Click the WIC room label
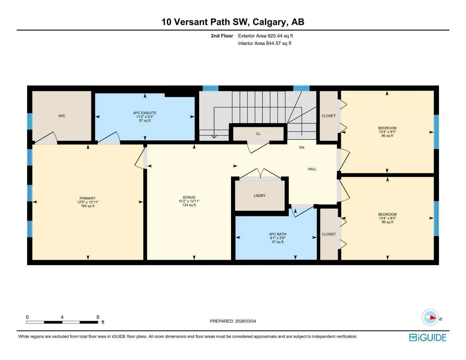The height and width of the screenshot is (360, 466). (x=62, y=116)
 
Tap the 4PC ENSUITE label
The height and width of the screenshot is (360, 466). (x=145, y=113)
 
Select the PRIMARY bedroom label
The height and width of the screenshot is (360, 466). (x=88, y=198)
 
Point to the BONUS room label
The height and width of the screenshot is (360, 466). (x=189, y=197)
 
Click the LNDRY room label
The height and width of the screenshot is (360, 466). (x=260, y=195)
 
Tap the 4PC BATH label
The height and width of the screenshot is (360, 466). (x=278, y=234)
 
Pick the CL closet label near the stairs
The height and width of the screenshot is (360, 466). (x=258, y=134)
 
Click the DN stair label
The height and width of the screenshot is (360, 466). (x=301, y=147)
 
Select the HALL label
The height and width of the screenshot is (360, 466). (x=312, y=169)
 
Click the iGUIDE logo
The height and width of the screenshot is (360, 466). (x=428, y=337)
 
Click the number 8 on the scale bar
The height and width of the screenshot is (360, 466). (x=98, y=317)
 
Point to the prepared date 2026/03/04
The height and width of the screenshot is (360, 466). (x=245, y=321)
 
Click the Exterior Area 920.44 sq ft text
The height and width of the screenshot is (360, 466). (x=266, y=36)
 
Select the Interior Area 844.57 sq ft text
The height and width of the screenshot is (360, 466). (x=264, y=43)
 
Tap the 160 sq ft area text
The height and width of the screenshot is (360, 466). (x=88, y=206)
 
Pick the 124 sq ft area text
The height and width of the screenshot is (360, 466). (x=189, y=205)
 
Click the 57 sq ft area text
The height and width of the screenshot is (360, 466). (x=145, y=121)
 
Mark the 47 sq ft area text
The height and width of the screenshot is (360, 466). (x=278, y=242)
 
